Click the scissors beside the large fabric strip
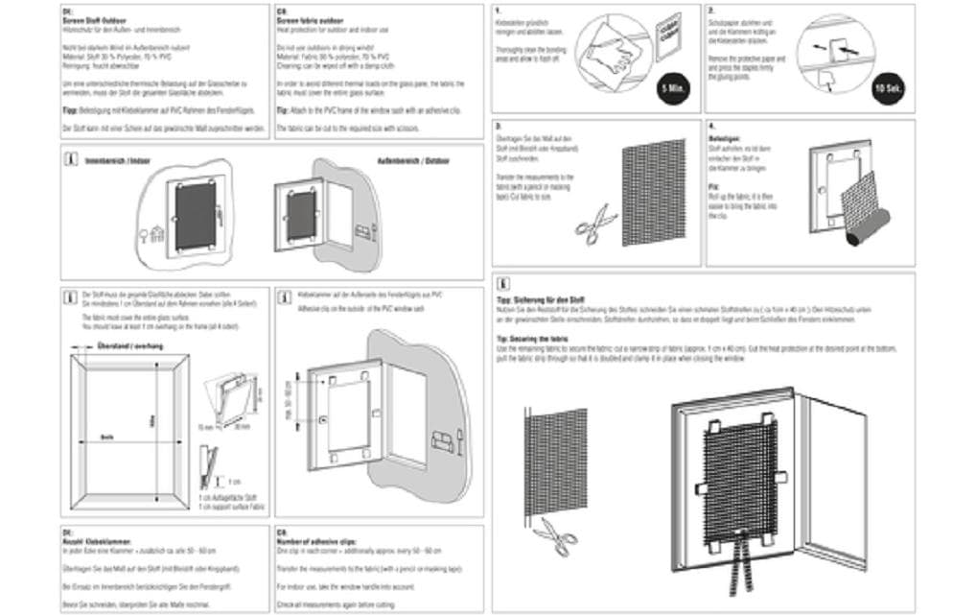553,533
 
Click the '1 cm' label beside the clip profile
235,480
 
